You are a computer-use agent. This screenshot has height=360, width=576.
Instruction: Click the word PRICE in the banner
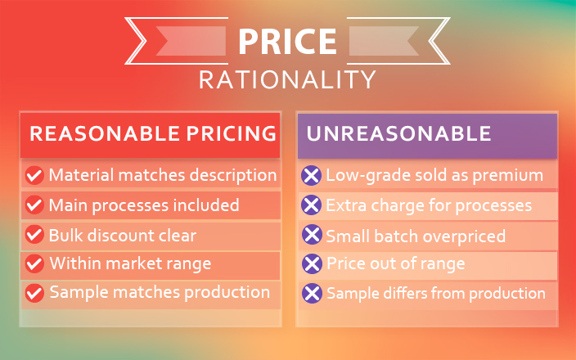287,41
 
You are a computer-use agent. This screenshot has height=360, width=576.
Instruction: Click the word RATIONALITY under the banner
287,79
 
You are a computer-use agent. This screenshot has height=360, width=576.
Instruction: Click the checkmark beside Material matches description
34,175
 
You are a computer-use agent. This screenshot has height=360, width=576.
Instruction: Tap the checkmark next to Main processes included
34,205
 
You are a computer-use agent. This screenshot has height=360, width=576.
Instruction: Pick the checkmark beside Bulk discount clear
34,234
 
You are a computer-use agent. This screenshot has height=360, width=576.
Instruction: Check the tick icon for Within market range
34,263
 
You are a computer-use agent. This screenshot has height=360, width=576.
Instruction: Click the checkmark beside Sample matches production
34,293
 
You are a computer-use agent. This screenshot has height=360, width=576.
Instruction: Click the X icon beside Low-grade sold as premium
312,176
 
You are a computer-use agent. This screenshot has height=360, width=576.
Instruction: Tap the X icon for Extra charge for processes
312,205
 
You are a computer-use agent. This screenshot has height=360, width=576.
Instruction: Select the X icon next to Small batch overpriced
312,234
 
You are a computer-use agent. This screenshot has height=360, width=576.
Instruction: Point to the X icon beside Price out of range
312,263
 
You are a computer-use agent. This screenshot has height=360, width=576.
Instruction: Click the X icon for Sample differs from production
312,293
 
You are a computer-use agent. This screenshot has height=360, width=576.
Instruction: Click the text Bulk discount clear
123,236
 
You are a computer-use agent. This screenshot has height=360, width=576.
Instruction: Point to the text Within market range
130,263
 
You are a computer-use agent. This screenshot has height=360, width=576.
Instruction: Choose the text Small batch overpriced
416,236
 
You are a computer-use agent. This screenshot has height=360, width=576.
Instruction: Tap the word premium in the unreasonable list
507,176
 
